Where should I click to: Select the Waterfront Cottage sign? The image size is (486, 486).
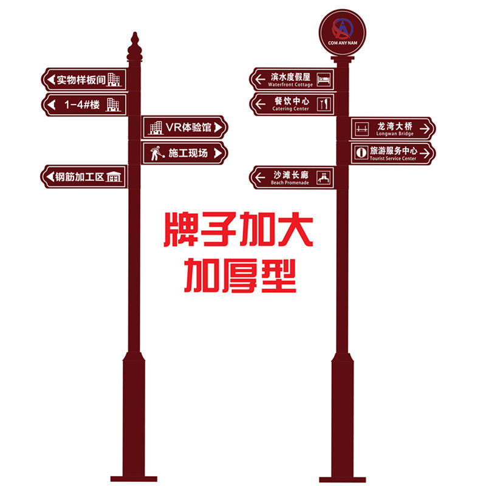coord(293,78)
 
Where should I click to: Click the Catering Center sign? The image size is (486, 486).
coord(293,103)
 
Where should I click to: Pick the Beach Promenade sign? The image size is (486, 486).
coord(293,177)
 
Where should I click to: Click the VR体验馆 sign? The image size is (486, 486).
coord(185,127)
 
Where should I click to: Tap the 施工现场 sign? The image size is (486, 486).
coord(185,152)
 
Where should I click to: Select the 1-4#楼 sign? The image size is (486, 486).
coord(84,104)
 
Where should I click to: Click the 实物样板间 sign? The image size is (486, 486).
coord(84,79)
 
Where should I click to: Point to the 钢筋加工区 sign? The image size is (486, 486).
coord(84,177)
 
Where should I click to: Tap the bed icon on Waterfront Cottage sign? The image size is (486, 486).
coord(326,78)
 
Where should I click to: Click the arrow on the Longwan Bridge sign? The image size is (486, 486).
coord(425,128)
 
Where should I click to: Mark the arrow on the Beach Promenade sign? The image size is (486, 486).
coord(260,177)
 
